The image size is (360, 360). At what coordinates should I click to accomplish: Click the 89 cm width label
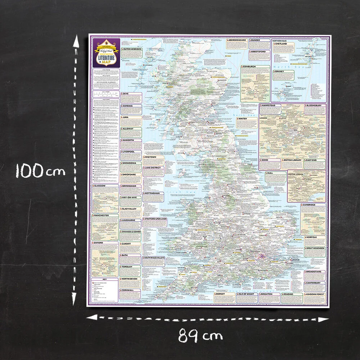pos(201,336)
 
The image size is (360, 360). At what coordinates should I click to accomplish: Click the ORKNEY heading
pos(280,71)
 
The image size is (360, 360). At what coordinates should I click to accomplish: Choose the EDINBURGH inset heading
pos(251,67)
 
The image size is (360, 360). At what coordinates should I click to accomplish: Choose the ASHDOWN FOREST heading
pos(315,294)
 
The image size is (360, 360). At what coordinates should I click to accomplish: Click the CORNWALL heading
pos(128,290)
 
